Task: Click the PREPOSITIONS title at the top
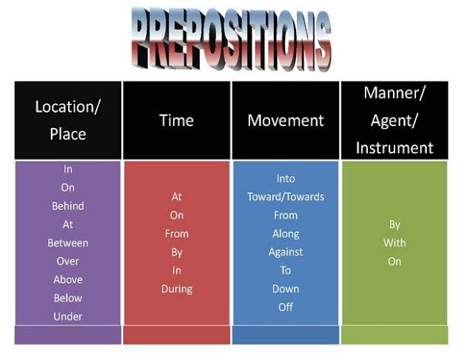(x=231, y=40)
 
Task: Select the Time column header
(x=177, y=121)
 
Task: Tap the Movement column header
(x=286, y=121)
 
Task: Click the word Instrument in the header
(x=394, y=148)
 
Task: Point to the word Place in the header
(x=68, y=134)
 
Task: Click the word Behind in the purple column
(x=68, y=206)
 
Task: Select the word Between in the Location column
(x=68, y=243)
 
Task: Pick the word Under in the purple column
(x=68, y=316)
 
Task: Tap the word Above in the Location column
(x=68, y=279)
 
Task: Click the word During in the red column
(x=177, y=289)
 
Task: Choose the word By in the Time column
(x=177, y=253)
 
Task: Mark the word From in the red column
(x=177, y=233)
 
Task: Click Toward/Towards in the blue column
(x=286, y=197)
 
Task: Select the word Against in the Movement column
(x=286, y=252)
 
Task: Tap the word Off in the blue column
(x=286, y=307)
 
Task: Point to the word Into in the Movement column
(x=286, y=179)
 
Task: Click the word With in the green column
(x=394, y=243)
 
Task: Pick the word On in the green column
(x=394, y=261)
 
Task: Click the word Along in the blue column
(x=286, y=233)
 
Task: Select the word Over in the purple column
(x=68, y=261)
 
